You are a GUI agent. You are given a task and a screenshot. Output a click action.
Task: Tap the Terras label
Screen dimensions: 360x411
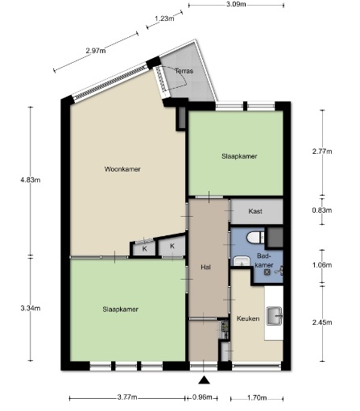[184, 71]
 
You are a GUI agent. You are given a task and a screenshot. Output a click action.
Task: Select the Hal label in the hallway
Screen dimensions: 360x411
[206, 268]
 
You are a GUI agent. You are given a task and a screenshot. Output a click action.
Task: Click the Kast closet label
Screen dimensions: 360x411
[255, 211]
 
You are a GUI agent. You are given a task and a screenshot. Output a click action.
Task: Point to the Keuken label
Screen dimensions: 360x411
[248, 318]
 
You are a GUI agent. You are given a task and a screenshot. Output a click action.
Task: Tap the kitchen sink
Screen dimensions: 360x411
[275, 316]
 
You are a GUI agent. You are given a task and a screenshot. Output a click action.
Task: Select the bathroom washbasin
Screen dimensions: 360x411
[242, 261]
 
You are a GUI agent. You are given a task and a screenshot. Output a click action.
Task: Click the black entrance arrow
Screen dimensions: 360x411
[204, 380]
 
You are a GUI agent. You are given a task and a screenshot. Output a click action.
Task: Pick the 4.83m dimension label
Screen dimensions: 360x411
[31, 180]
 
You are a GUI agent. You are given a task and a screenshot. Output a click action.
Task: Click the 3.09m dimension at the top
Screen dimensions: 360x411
[236, 4]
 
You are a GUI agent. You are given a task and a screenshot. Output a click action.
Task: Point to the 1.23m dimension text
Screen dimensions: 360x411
[164, 19]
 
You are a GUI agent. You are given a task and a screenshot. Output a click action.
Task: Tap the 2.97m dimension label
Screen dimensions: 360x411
[96, 51]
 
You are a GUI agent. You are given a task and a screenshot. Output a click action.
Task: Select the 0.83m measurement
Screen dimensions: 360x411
[322, 210]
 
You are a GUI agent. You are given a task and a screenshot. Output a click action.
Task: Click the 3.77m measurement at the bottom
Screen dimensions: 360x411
[127, 397]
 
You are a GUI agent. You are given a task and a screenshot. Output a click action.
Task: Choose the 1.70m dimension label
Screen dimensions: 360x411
[257, 398]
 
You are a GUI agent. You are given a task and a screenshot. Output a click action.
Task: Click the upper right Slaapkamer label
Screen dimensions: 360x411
[239, 156]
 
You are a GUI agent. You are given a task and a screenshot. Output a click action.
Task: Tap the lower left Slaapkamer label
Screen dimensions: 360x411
[120, 309]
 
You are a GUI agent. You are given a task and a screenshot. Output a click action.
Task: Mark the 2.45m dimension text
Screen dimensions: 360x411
[322, 322]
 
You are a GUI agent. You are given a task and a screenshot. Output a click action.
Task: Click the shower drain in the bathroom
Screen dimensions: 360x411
[267, 272]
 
